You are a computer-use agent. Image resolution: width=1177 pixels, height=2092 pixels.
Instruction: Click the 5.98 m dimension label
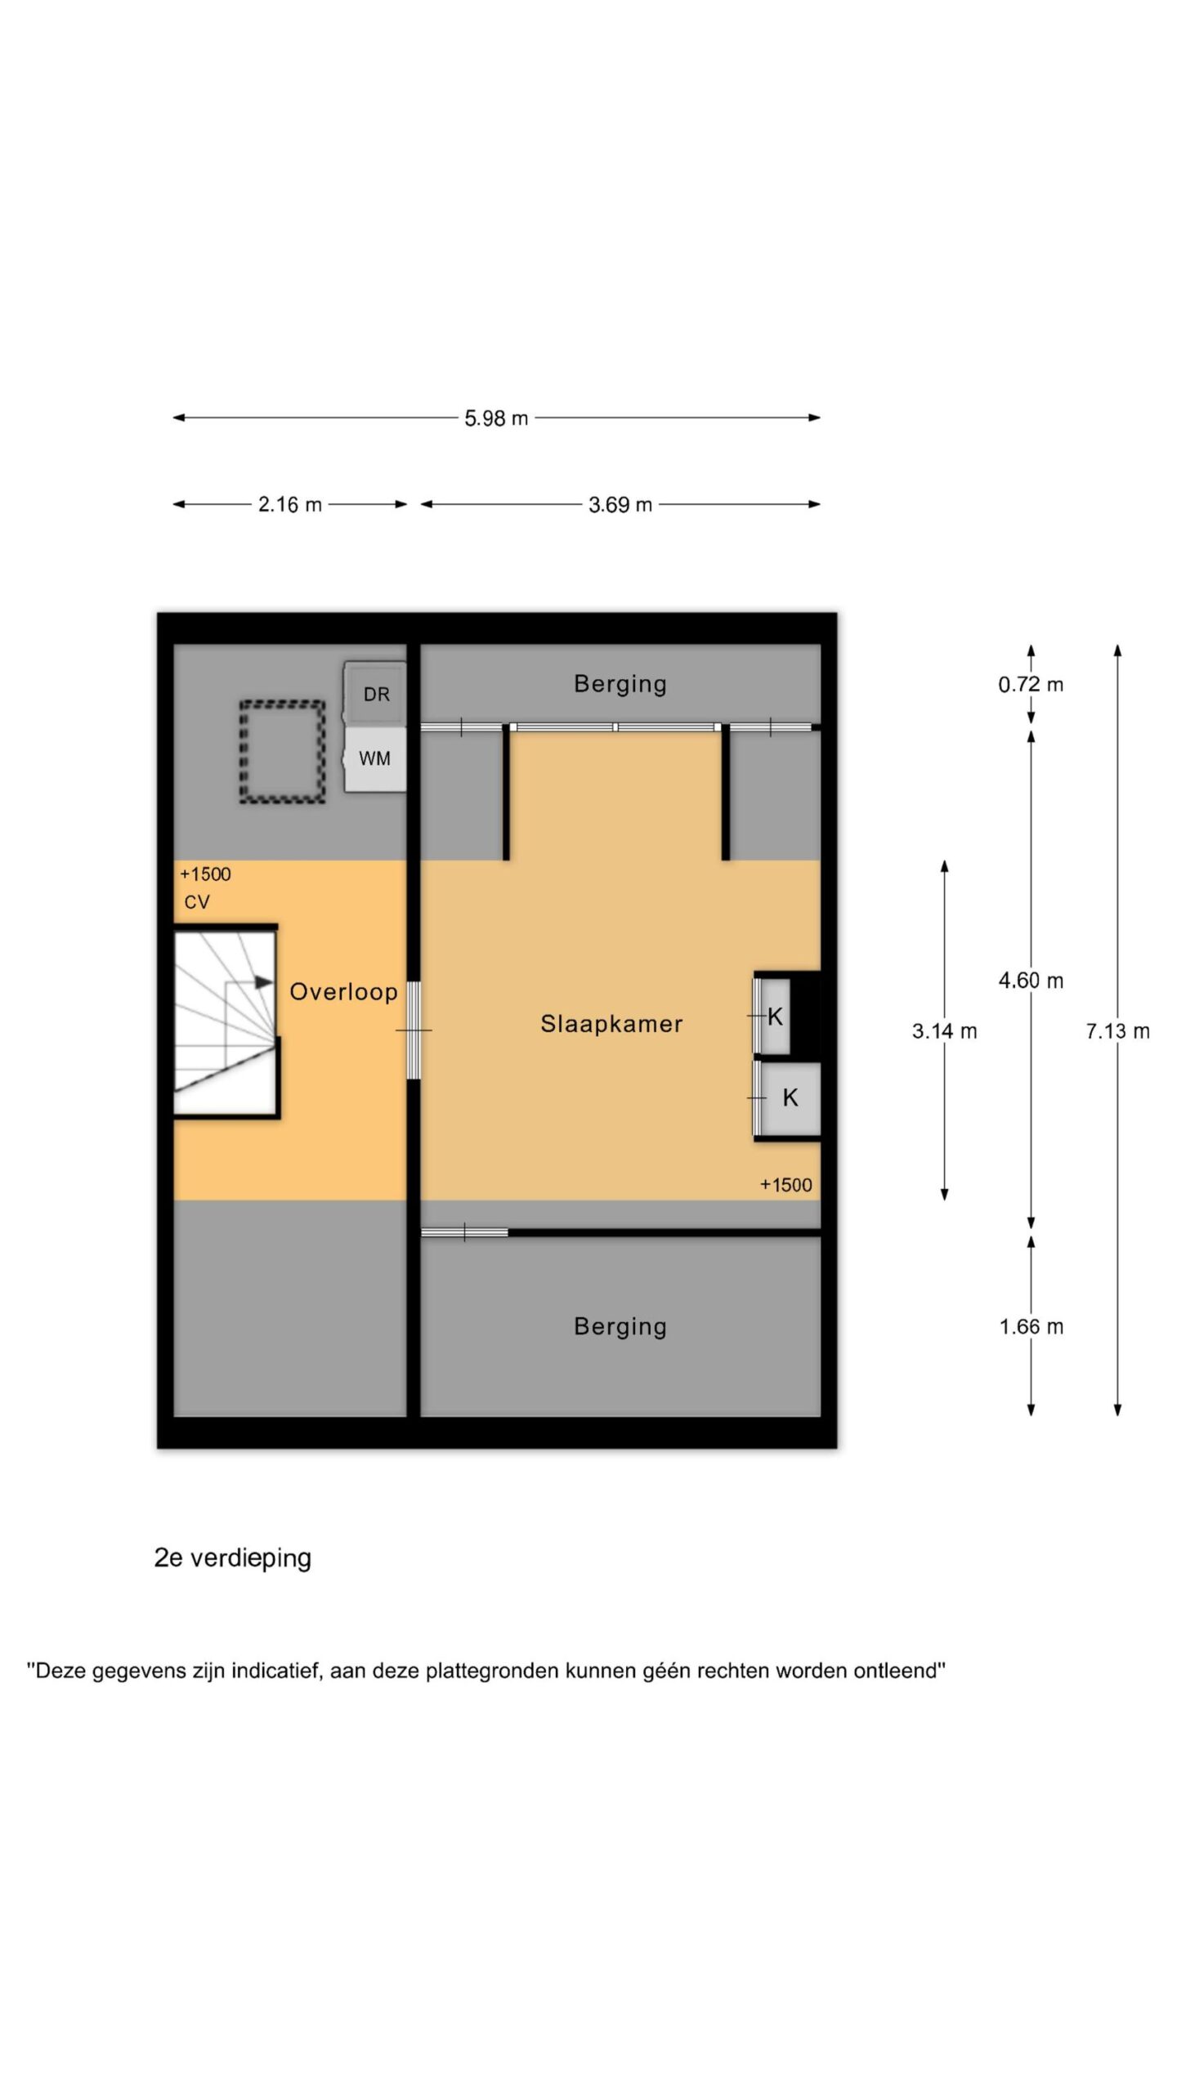(x=496, y=418)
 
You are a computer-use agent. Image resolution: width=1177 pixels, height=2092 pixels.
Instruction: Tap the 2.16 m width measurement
(x=290, y=505)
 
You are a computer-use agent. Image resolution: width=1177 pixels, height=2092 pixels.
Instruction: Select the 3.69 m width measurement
(x=620, y=505)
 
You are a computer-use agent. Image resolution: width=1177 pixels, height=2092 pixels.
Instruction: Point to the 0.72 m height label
(x=1031, y=685)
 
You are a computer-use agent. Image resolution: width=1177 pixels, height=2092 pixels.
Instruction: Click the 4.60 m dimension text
(x=1031, y=981)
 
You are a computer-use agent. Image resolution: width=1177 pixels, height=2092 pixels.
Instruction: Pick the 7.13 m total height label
(x=1117, y=1031)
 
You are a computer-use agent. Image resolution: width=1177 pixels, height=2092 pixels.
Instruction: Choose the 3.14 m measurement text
(x=944, y=1031)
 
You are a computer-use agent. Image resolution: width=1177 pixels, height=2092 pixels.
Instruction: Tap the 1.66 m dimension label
(x=1031, y=1327)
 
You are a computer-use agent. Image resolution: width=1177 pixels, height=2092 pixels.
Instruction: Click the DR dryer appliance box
(x=375, y=694)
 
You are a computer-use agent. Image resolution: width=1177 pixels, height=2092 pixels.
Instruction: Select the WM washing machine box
(x=375, y=759)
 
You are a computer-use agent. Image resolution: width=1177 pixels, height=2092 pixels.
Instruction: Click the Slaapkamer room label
(x=611, y=1024)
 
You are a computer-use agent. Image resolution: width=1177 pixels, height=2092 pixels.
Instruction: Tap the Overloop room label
(x=343, y=992)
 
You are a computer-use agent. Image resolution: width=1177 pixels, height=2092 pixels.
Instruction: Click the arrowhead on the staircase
(x=263, y=981)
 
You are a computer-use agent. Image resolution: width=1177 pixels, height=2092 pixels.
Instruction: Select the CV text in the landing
(x=197, y=902)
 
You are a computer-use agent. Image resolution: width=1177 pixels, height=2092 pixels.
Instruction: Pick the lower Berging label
(x=620, y=1326)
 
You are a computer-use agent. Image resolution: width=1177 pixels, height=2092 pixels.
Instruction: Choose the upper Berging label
(x=620, y=684)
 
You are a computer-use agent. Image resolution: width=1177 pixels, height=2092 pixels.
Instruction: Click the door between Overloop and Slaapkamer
(x=414, y=1030)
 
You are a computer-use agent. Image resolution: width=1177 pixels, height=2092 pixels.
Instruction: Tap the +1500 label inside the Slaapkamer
(x=785, y=1185)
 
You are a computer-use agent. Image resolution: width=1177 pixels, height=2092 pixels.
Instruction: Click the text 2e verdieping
(x=233, y=1558)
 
